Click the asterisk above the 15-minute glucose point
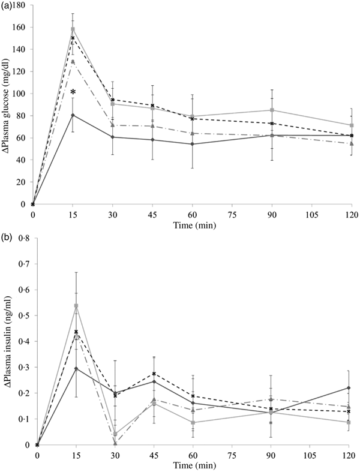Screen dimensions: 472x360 pyautogui.click(x=73, y=93)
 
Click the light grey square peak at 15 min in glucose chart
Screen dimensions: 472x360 pyautogui.click(x=73, y=29)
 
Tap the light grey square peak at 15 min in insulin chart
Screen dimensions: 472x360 pyautogui.click(x=76, y=306)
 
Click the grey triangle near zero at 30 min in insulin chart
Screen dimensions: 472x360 pyautogui.click(x=115, y=444)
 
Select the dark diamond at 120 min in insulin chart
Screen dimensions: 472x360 pyautogui.click(x=349, y=388)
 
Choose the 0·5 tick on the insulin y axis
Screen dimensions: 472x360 pyautogui.click(x=22, y=315)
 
